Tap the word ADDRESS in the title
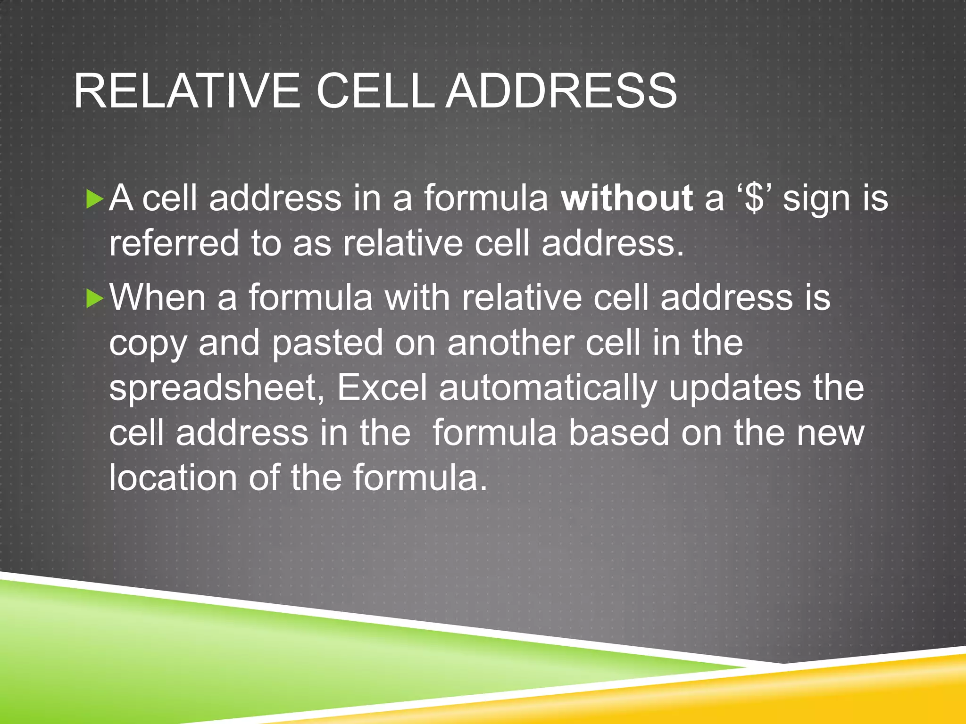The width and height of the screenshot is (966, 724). [561, 91]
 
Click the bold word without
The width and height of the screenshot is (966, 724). [627, 198]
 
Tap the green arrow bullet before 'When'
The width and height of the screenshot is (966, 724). [95, 299]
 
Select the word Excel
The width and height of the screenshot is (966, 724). [382, 387]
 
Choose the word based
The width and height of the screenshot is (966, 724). [619, 433]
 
